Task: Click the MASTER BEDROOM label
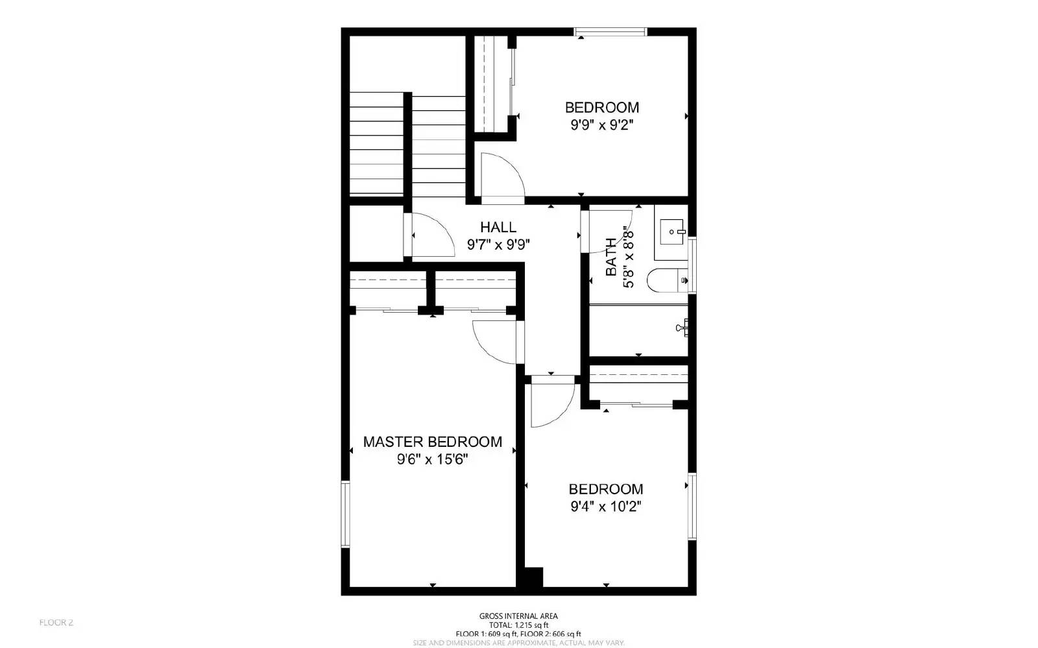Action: (x=432, y=442)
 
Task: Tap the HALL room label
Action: (x=498, y=227)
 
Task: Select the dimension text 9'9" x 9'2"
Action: (x=601, y=125)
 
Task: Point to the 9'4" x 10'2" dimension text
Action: (x=605, y=507)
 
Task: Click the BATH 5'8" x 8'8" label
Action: (x=619, y=257)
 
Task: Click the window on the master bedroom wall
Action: (x=346, y=514)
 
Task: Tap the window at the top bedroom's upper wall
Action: (x=610, y=31)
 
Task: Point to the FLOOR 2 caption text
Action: (x=56, y=623)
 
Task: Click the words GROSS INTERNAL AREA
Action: (x=518, y=616)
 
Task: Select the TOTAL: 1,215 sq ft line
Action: (x=518, y=625)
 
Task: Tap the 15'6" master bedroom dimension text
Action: (x=452, y=460)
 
